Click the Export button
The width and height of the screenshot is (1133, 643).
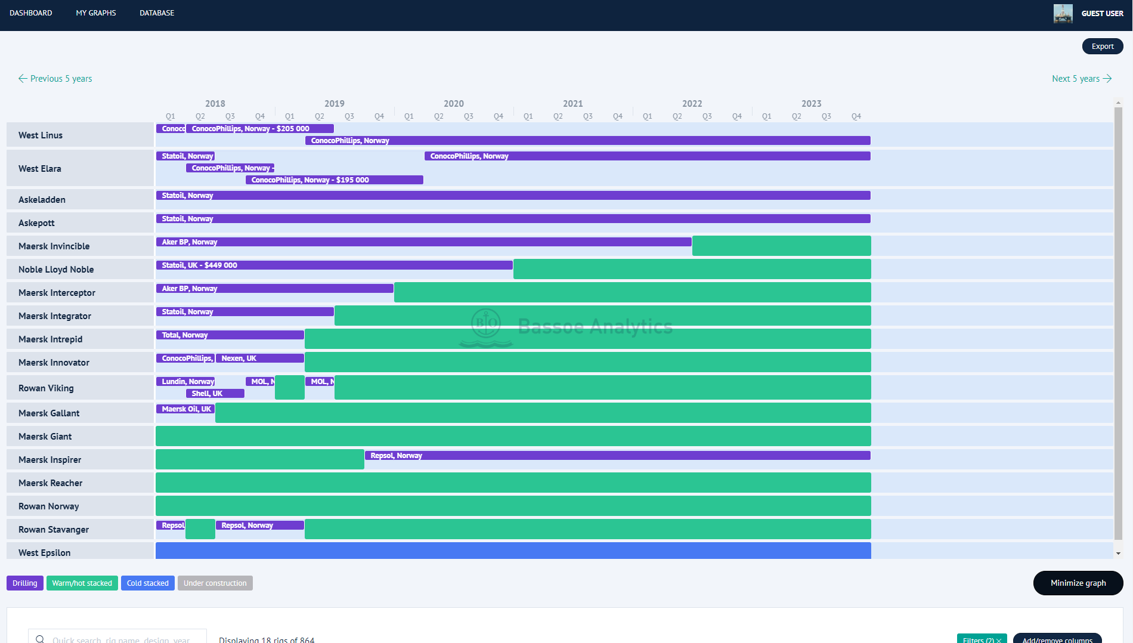(x=1102, y=47)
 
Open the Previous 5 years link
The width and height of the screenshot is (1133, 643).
(x=55, y=79)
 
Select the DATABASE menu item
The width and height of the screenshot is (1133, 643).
(x=157, y=13)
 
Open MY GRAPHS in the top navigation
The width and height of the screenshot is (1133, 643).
(x=96, y=13)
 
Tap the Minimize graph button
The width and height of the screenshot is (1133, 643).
(x=1078, y=583)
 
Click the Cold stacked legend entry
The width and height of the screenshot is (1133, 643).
(x=147, y=583)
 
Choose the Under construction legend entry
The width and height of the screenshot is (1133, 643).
(x=215, y=583)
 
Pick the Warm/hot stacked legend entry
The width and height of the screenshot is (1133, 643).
(x=82, y=583)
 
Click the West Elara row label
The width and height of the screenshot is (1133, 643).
(x=40, y=169)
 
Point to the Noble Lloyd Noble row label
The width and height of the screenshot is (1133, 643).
(x=56, y=270)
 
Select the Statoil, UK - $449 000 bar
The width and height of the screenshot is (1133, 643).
(x=334, y=265)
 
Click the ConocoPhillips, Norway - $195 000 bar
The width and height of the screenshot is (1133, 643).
(x=334, y=180)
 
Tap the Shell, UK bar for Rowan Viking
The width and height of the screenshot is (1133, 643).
(x=215, y=394)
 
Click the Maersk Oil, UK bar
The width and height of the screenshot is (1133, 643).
(x=185, y=409)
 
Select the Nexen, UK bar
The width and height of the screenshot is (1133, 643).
(x=259, y=358)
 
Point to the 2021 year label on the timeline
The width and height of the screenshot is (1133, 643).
(x=572, y=104)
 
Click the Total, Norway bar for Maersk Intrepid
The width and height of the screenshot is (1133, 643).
(x=230, y=335)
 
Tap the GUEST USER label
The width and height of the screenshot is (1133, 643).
(x=1102, y=13)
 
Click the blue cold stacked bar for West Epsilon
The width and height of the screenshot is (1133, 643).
(x=513, y=551)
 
